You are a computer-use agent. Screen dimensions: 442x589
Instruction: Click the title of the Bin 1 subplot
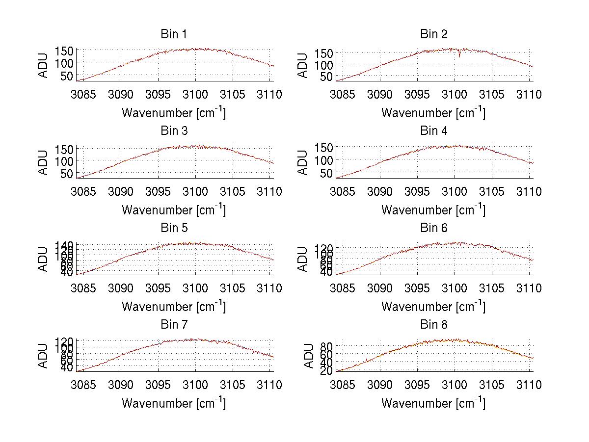click(173, 34)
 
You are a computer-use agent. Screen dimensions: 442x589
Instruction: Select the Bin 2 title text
click(434, 34)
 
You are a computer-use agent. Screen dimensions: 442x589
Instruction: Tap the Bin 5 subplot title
click(173, 228)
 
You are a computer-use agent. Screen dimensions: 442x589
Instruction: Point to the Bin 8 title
click(434, 325)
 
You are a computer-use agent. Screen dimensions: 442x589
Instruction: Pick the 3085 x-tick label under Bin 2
click(343, 95)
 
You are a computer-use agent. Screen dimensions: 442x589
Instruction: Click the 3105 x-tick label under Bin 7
click(232, 385)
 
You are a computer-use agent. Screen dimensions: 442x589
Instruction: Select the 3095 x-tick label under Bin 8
click(417, 385)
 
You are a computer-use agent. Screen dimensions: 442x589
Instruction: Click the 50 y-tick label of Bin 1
click(68, 76)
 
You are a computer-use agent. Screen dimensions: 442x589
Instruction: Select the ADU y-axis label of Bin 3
click(43, 162)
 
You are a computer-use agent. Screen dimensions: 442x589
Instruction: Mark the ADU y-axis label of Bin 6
click(303, 259)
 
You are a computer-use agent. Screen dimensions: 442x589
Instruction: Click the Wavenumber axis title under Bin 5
click(173, 307)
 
